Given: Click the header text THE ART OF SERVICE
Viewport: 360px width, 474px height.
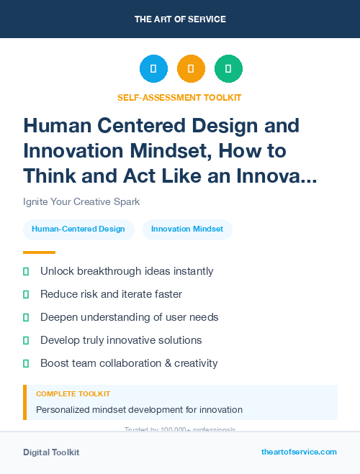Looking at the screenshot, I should [x=179, y=19].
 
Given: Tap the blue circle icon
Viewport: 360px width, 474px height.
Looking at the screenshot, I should [x=153, y=69].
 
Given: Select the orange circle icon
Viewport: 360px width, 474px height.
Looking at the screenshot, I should [x=191, y=69].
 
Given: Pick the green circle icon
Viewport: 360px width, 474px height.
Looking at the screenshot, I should [x=228, y=69].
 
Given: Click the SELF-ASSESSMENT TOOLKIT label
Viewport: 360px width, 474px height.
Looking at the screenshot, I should [x=179, y=97].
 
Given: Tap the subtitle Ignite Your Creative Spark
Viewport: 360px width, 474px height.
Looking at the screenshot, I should [x=81, y=201].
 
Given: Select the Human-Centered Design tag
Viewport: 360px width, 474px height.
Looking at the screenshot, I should [x=78, y=229].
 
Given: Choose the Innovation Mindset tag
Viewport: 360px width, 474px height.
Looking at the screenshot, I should [x=187, y=229].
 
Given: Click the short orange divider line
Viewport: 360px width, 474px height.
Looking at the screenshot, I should [x=39, y=252].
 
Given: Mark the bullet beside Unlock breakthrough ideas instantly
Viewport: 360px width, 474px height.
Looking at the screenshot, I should [x=27, y=272].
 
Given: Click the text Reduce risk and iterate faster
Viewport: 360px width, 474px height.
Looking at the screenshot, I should [x=111, y=294].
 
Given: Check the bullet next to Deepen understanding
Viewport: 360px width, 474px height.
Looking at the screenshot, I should [x=27, y=317].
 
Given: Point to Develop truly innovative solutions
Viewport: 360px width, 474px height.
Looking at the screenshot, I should [x=121, y=340].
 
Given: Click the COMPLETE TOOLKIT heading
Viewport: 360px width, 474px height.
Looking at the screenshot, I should [x=73, y=394].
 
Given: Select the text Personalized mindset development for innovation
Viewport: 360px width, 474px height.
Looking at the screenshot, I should [x=139, y=410].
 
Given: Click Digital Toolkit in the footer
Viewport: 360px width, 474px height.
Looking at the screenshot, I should [x=51, y=452].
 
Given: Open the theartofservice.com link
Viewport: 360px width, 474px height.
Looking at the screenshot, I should [x=299, y=452].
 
